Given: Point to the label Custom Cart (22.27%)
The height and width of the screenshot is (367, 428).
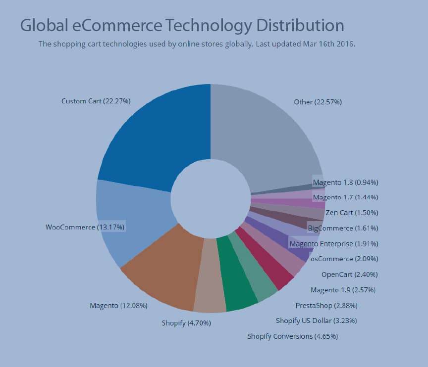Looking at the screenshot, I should point(96,101).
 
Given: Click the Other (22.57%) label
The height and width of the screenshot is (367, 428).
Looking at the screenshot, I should point(318,102).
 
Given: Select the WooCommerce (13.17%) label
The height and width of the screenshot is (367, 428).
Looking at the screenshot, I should point(85,227).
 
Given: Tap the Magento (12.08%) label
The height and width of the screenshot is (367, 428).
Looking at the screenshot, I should point(118,306).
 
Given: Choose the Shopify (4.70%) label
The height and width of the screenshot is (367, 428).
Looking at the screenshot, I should point(186,323).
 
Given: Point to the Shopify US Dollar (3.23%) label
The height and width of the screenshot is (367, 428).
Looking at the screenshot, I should point(316,321).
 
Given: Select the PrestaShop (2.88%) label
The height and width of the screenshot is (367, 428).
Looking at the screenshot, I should point(326,305).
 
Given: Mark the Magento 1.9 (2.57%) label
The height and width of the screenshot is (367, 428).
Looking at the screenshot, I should point(343,290).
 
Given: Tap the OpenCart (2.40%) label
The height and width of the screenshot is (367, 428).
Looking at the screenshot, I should point(349,274).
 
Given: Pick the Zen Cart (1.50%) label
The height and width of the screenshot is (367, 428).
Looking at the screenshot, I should point(352,213).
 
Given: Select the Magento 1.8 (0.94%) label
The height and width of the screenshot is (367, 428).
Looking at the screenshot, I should point(345,183).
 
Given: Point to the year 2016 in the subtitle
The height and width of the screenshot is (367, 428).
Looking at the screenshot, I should point(345,44).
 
